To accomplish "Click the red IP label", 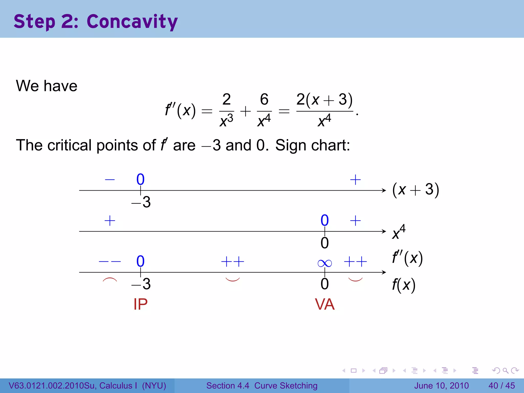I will [140, 304].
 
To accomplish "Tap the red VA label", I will [324, 304].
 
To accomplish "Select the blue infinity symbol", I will [324, 263].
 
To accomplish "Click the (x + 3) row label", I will [416, 190].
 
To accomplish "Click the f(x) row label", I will [403, 285].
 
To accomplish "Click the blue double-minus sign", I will [110, 261].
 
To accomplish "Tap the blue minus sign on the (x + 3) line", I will [110, 180].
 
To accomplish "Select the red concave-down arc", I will [110, 279].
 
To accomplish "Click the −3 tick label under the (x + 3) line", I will [141, 202].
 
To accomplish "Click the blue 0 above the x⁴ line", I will [324, 220].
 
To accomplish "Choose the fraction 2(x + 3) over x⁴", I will [324, 110].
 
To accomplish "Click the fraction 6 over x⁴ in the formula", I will [264, 110].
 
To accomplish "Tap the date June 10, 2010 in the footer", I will [441, 386].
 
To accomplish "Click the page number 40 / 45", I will [501, 386].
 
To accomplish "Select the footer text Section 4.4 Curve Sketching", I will [262, 386].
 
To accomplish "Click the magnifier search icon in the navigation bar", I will [505, 370].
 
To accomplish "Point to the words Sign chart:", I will [312, 145].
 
